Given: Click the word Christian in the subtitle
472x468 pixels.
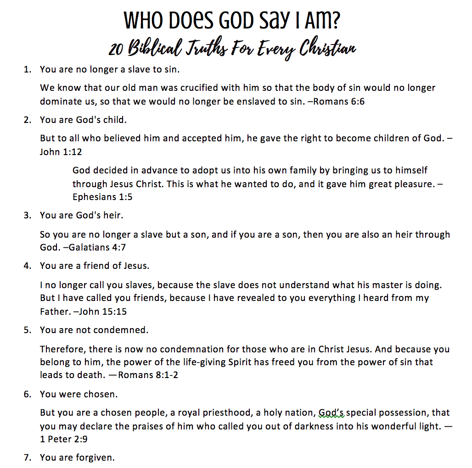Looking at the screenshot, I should [328, 48].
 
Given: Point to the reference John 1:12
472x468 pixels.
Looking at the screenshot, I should [61, 152].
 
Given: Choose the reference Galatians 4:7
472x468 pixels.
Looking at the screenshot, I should [98, 247].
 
